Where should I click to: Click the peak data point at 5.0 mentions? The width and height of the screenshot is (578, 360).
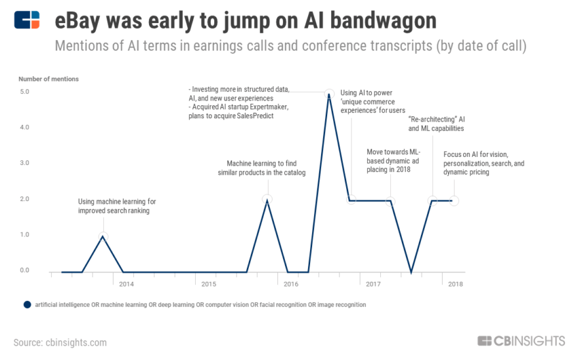329,94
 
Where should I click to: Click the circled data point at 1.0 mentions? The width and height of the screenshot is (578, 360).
103,236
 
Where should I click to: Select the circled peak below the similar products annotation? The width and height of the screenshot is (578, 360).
267,199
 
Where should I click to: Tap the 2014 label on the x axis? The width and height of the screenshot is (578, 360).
127,284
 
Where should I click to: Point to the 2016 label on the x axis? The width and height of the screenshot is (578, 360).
291,284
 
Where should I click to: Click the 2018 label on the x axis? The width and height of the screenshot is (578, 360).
455,284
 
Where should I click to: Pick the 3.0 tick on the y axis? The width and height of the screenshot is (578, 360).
24,163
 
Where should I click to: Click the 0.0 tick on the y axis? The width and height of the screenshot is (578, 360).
24,270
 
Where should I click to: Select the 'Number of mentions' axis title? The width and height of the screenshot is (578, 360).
49,79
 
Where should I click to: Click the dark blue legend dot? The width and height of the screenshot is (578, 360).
27,305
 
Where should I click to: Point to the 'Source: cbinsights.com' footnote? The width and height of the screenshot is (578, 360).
60,342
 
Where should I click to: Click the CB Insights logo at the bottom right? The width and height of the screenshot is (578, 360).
521,341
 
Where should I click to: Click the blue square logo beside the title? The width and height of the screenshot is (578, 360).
27,20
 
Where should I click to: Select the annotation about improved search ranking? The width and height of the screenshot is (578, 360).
117,206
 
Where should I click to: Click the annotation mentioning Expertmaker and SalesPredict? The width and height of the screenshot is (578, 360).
239,102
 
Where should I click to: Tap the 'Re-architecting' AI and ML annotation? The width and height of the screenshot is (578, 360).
436,124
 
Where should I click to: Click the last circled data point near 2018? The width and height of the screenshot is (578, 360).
454,200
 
